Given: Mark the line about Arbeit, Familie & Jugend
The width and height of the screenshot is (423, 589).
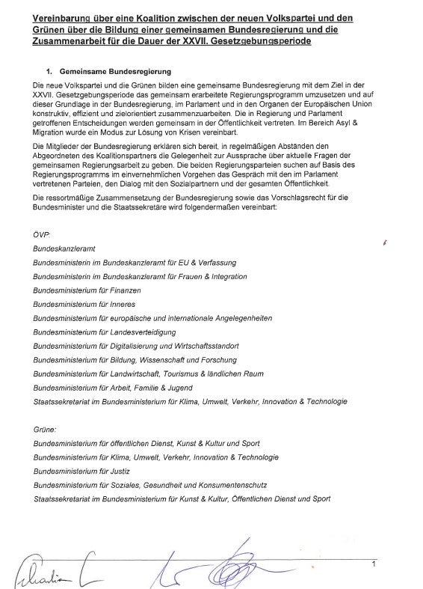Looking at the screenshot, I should (x=112, y=388).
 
